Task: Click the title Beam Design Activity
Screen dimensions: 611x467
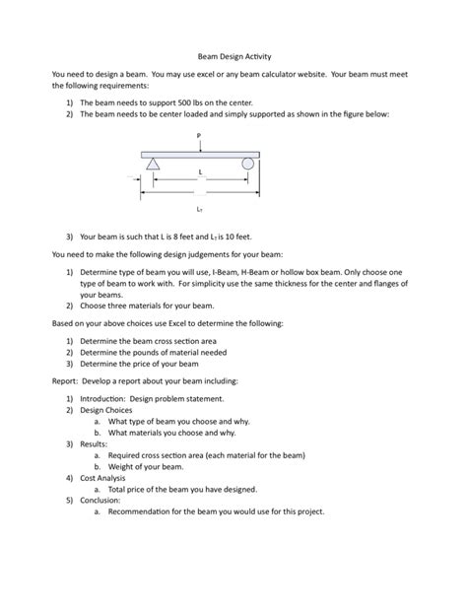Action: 233,57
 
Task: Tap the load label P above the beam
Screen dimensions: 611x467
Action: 199,135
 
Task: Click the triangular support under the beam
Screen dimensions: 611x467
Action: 153,165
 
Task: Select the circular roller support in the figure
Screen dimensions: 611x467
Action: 248,165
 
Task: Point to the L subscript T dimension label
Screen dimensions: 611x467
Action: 199,209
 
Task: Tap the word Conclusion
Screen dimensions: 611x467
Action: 101,500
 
